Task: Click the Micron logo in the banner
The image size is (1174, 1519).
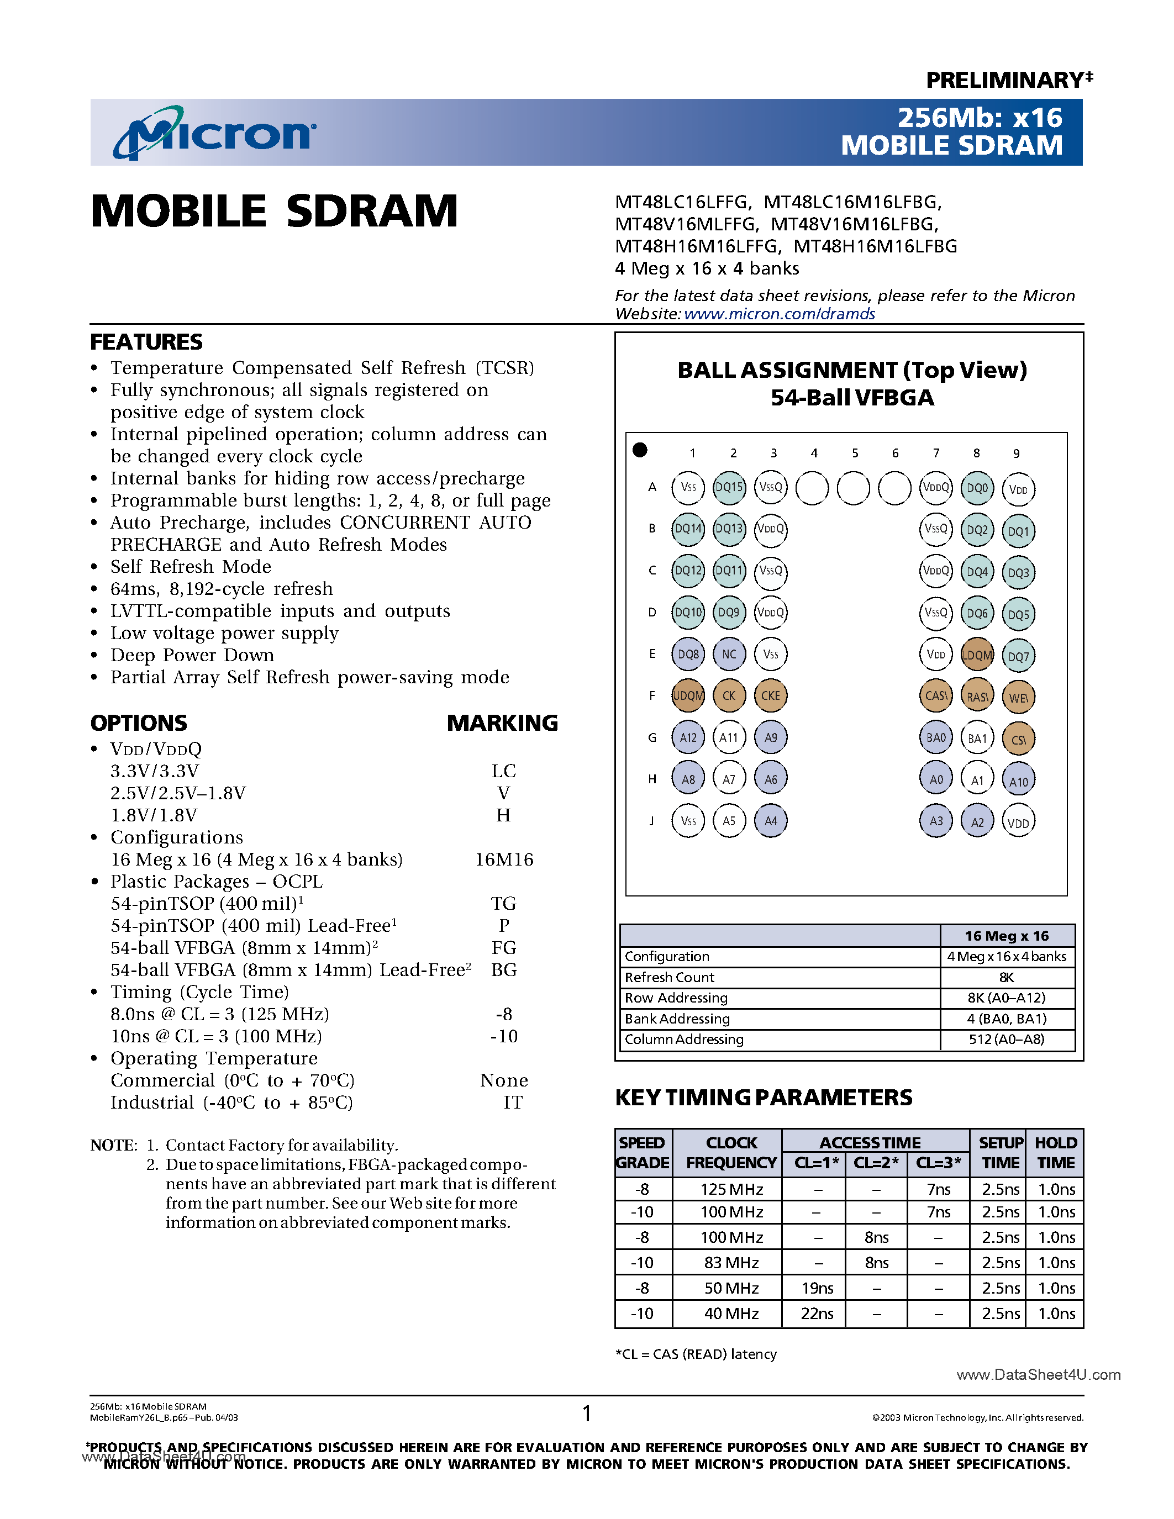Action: point(215,132)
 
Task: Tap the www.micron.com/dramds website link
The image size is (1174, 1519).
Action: point(779,314)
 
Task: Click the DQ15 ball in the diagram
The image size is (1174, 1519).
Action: point(729,488)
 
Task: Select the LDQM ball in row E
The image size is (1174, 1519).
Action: point(977,655)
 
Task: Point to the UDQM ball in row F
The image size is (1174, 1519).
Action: point(688,695)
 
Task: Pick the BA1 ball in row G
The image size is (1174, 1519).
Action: point(977,739)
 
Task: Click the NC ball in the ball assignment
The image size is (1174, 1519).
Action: point(729,655)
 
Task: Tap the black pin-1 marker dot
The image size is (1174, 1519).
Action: point(640,450)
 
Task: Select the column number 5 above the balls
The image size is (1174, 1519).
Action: point(855,453)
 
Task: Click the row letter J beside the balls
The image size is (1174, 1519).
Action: point(652,821)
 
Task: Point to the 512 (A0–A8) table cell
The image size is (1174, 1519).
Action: point(1007,1039)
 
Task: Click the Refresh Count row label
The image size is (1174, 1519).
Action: point(669,977)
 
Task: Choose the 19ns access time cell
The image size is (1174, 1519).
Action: point(817,1288)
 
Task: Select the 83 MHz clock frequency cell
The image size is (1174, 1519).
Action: point(731,1262)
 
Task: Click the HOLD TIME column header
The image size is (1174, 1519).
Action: point(1055,1152)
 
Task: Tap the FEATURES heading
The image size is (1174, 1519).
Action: point(146,342)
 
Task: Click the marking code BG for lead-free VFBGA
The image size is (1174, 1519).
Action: point(503,969)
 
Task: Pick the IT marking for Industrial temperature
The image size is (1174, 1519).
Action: point(513,1103)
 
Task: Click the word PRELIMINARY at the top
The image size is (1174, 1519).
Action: point(1004,80)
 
